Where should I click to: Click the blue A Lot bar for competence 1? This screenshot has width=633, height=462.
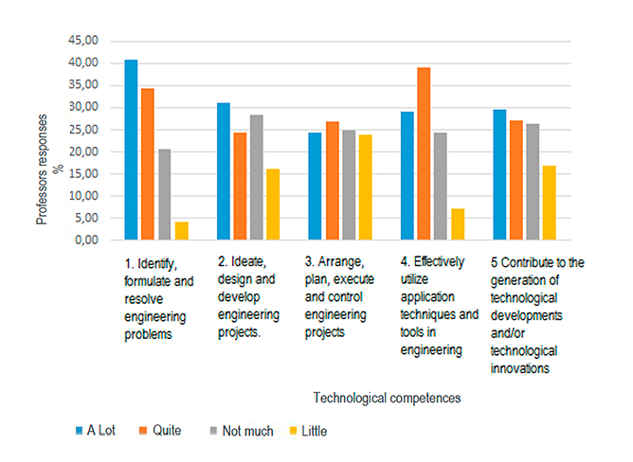pyautogui.click(x=131, y=151)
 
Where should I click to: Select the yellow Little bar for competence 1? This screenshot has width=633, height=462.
pyautogui.click(x=182, y=231)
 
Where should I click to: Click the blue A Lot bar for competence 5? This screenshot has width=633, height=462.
pyautogui.click(x=500, y=175)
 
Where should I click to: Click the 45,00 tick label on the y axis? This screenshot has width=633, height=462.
pyautogui.click(x=81, y=41)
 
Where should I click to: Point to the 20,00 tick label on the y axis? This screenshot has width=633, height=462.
pyautogui.click(x=81, y=151)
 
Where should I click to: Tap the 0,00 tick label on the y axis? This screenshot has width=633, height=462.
pyautogui.click(x=83, y=240)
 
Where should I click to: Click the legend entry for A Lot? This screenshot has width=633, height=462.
pyautogui.click(x=94, y=431)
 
